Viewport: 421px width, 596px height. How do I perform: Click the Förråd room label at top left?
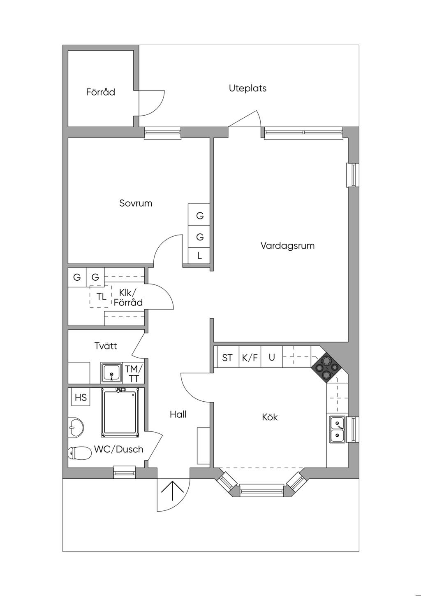coord(100,92)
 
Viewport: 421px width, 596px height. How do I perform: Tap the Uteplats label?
coord(248,88)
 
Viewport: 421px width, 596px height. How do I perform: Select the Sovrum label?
coord(136,203)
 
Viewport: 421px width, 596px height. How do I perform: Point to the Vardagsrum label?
coord(287,246)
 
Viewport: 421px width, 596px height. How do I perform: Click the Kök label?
coord(270,417)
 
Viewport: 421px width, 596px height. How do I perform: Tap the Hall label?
coord(178,414)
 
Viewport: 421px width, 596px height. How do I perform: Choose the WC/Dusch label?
coord(118,449)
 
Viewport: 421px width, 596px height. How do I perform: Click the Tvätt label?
coord(105,346)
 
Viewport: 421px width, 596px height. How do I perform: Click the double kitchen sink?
coord(338,429)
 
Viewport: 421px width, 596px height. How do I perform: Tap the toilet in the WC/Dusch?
coord(79,453)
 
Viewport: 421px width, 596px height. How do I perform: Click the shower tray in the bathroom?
coord(120,412)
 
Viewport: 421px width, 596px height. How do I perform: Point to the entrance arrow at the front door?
coord(173,490)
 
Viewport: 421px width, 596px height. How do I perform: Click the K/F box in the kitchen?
coord(250,357)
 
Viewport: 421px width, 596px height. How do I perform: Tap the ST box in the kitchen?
coord(227,357)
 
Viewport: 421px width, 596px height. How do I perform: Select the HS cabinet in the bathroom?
coord(81,397)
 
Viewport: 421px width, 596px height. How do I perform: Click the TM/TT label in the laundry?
coord(134,373)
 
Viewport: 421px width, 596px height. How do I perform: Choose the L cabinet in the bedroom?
coord(199,255)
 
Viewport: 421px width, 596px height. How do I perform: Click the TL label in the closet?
coord(101,296)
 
